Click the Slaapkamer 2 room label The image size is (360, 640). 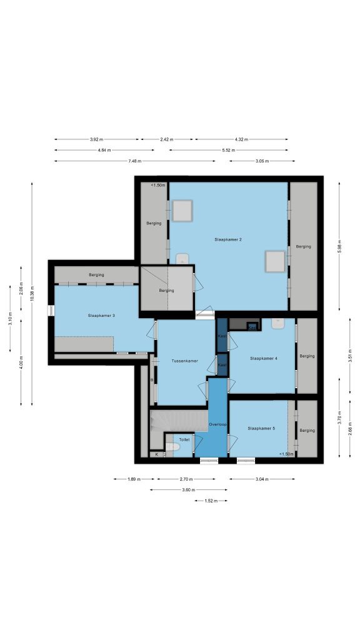[228, 239]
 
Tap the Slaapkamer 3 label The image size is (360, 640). [101, 316]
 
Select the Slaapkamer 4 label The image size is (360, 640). [264, 358]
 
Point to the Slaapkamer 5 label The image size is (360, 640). [261, 429]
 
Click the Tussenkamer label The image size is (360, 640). [184, 361]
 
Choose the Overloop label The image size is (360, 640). [217, 424]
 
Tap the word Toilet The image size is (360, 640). [184, 439]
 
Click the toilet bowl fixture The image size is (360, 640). [172, 447]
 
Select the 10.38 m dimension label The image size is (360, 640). [32, 294]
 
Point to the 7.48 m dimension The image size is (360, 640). [135, 161]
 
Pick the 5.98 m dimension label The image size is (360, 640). [339, 246]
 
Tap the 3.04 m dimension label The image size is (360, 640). [262, 479]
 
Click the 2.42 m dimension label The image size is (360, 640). [166, 139]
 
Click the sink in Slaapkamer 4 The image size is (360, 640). [277, 324]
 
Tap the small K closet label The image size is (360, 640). [156, 454]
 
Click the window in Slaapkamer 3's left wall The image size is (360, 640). [51, 311]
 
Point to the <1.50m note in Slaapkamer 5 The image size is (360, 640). [286, 454]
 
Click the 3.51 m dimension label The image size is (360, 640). [350, 356]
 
